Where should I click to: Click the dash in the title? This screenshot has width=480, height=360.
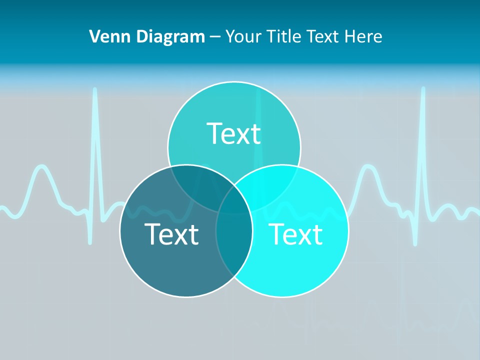pos(215,37)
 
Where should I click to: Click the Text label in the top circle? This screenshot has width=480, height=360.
pos(234,133)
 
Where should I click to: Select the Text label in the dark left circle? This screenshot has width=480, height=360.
pos(171,233)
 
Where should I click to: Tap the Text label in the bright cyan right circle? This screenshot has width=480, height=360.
pos(295,233)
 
